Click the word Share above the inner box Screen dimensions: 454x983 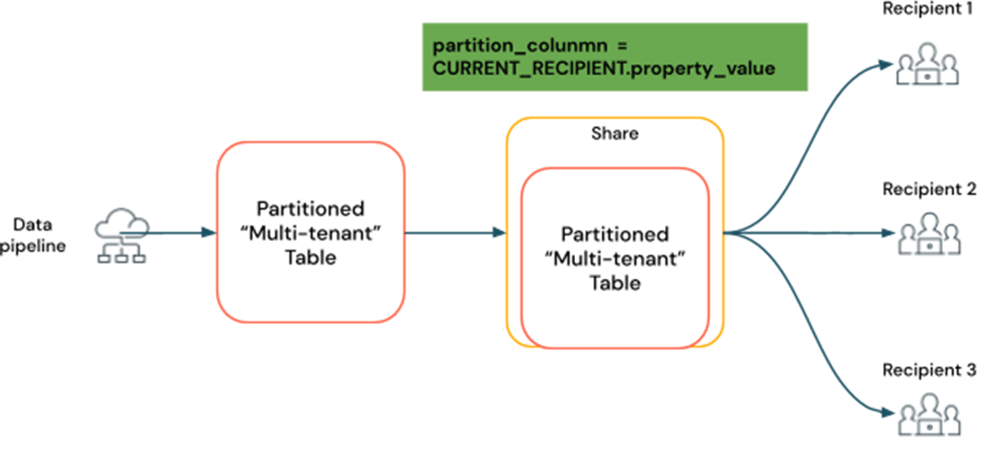tap(614, 133)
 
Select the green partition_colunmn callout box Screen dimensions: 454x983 tap(614, 57)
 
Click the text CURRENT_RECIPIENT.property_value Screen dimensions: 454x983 tap(603, 69)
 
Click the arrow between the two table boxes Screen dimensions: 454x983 tap(455, 233)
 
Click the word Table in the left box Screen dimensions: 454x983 tap(310, 258)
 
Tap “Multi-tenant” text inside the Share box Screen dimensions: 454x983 tap(614, 259)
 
